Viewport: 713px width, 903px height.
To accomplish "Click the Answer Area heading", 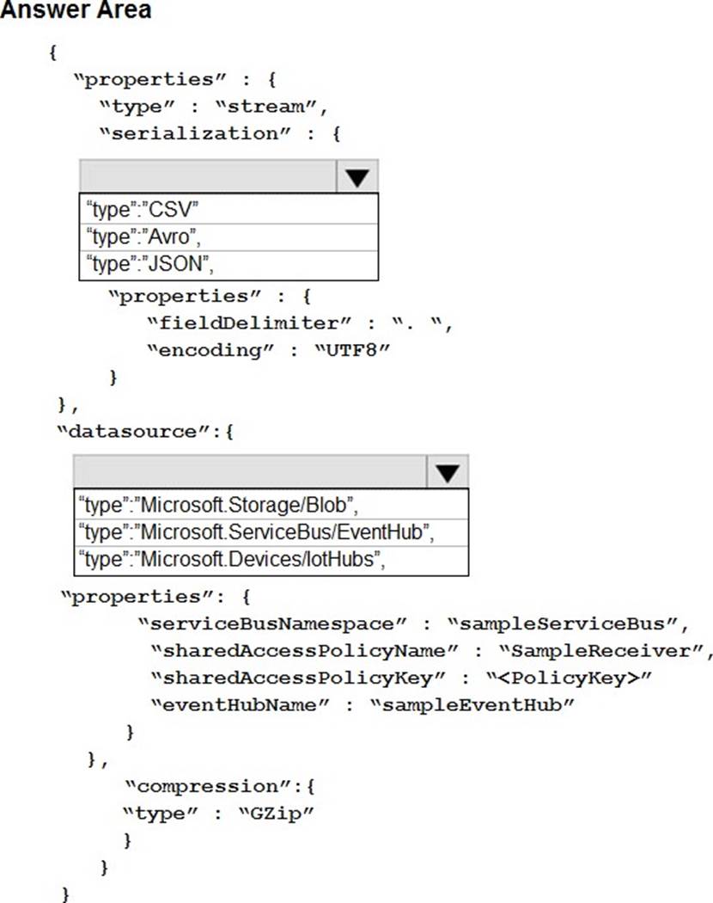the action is point(76,9).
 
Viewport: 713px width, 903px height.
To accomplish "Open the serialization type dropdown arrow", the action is point(357,177).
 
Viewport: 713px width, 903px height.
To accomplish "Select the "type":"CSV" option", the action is point(142,209).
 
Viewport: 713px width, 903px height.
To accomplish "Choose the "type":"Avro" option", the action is point(143,236).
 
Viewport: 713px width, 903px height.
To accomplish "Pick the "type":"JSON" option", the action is point(149,264).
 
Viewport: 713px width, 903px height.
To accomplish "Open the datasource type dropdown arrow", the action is point(448,472).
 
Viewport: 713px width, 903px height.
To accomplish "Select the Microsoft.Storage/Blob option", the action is point(218,505).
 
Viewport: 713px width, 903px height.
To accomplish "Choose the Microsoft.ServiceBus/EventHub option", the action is point(256,532).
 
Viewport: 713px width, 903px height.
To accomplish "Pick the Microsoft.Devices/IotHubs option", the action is point(231,559).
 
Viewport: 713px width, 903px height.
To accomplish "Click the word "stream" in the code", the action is point(267,107).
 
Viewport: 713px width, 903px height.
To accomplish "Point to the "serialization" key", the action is point(195,134).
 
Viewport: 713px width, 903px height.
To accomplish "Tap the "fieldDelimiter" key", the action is point(248,323).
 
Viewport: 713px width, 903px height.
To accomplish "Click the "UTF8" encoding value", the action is point(352,350).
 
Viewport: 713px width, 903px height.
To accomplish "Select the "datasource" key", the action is point(133,432).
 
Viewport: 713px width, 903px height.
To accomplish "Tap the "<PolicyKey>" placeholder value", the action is point(569,678).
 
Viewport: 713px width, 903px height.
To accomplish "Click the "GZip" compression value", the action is point(276,814).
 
